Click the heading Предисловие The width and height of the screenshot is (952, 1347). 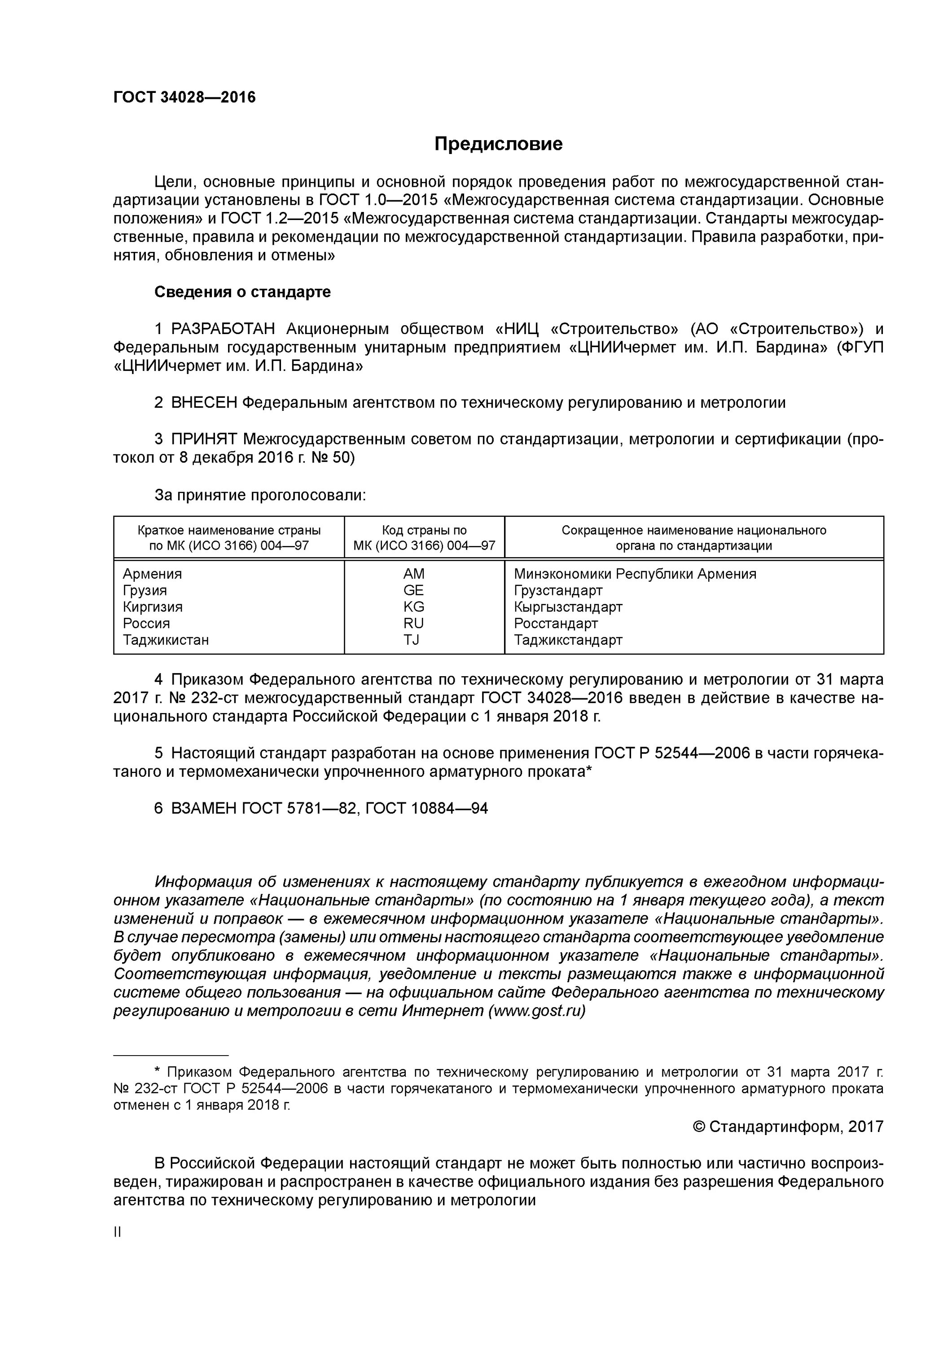tap(498, 144)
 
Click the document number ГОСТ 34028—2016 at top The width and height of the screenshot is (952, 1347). tap(184, 97)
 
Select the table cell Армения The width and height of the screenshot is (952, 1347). tap(153, 574)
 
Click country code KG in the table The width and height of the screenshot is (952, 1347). tap(413, 607)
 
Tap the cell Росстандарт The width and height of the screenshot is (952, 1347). tap(556, 623)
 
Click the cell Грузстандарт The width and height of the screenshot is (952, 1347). tap(558, 590)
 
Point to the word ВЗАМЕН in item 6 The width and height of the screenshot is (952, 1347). tap(204, 809)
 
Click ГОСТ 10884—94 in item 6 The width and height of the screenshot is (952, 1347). tap(426, 809)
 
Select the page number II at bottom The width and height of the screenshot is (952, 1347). tap(117, 1232)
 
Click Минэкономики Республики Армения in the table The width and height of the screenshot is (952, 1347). tap(635, 574)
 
